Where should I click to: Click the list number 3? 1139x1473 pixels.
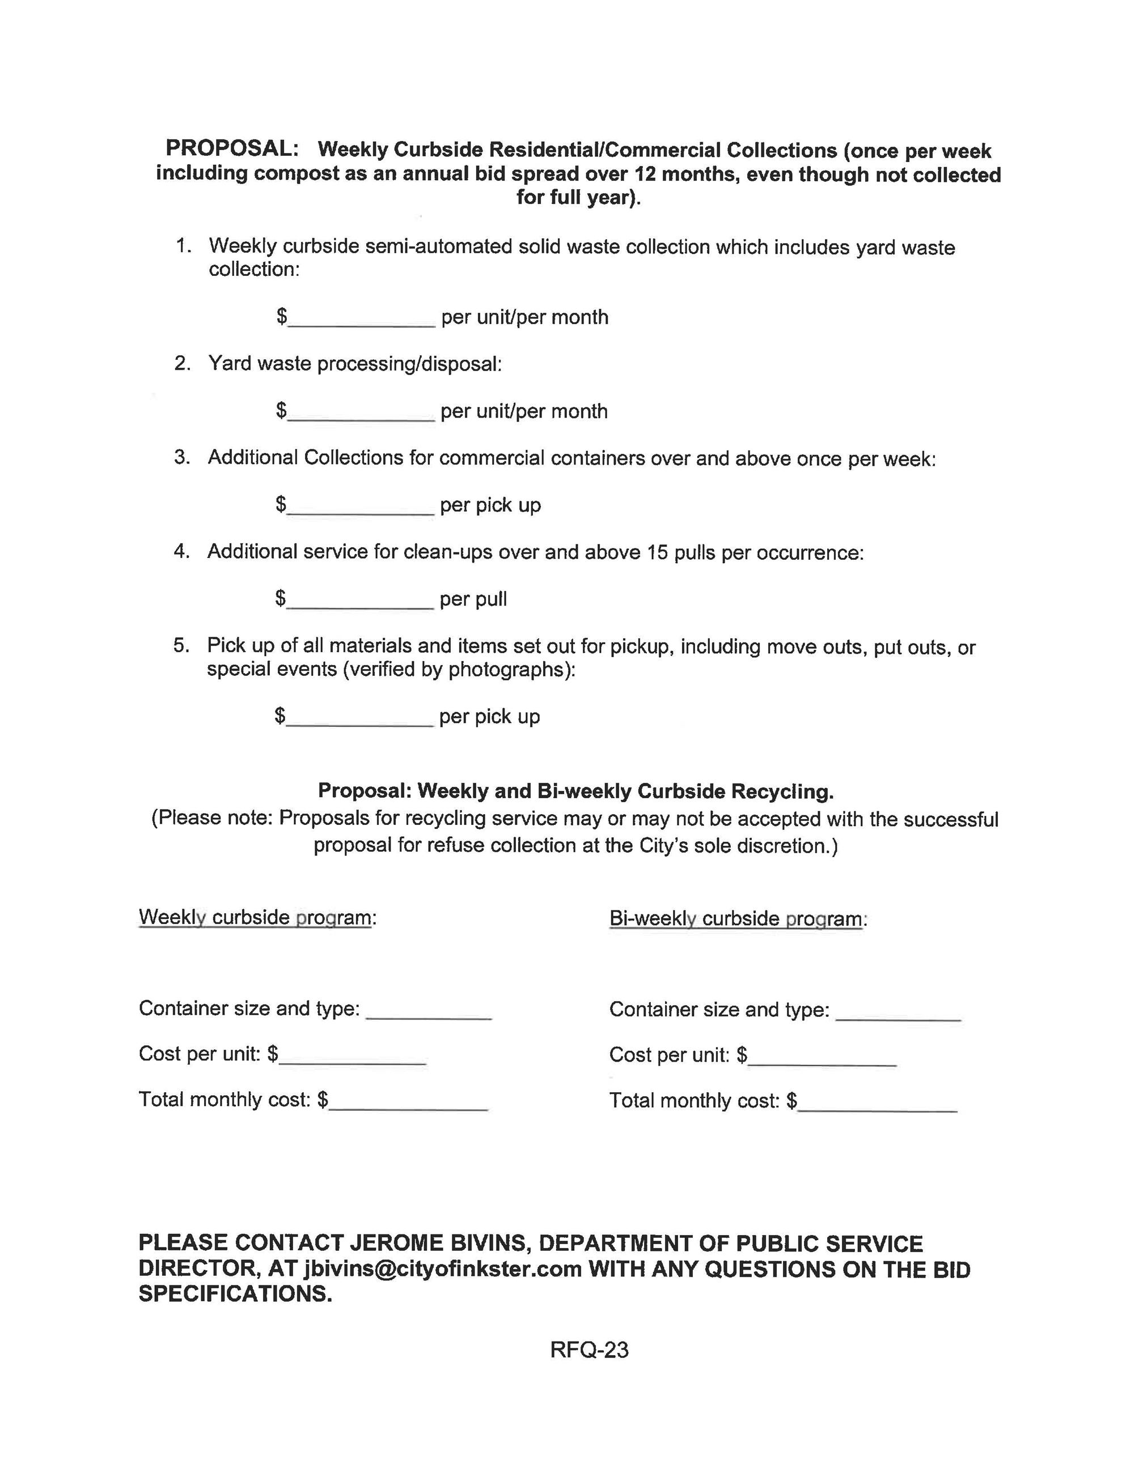(x=181, y=457)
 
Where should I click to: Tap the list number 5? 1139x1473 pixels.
(x=181, y=645)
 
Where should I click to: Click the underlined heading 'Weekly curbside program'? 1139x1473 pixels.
(x=255, y=917)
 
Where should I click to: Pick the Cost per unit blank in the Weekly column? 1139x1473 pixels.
(x=352, y=1055)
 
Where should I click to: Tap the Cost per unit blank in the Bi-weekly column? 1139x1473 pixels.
(x=822, y=1056)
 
